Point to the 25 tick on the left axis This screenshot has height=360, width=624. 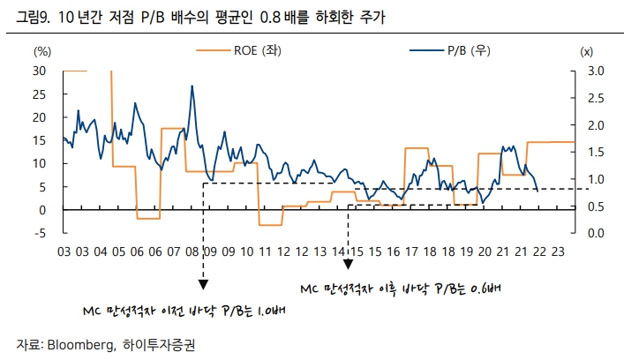click(39, 94)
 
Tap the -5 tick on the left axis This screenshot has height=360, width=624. click(39, 233)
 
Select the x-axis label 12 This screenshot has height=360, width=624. click(282, 251)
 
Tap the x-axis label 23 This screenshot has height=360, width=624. click(557, 251)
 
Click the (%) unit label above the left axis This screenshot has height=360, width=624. click(42, 51)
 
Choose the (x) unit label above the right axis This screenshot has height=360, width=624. click(587, 51)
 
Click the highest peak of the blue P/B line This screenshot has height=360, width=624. click(192, 86)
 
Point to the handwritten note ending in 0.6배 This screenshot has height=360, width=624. click(401, 289)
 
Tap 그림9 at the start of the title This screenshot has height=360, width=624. click(23, 17)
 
